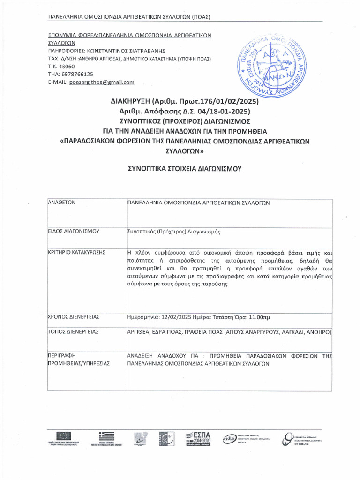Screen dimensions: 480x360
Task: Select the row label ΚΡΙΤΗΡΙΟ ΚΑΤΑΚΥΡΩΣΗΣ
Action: [77, 252]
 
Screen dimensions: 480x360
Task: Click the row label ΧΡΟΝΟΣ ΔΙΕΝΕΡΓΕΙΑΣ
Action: [75, 317]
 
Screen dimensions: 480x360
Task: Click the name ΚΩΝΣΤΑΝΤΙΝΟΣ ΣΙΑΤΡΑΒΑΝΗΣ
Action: [124, 51]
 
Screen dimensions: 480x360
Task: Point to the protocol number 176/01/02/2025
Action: [222, 101]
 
